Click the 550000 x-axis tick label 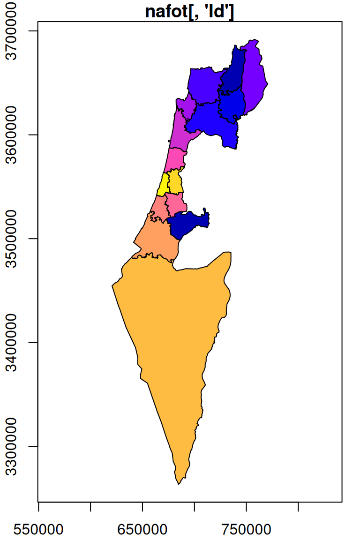39,530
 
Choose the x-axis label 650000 142,530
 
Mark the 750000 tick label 246,530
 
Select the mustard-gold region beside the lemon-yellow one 175,182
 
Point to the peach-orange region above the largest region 157,239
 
